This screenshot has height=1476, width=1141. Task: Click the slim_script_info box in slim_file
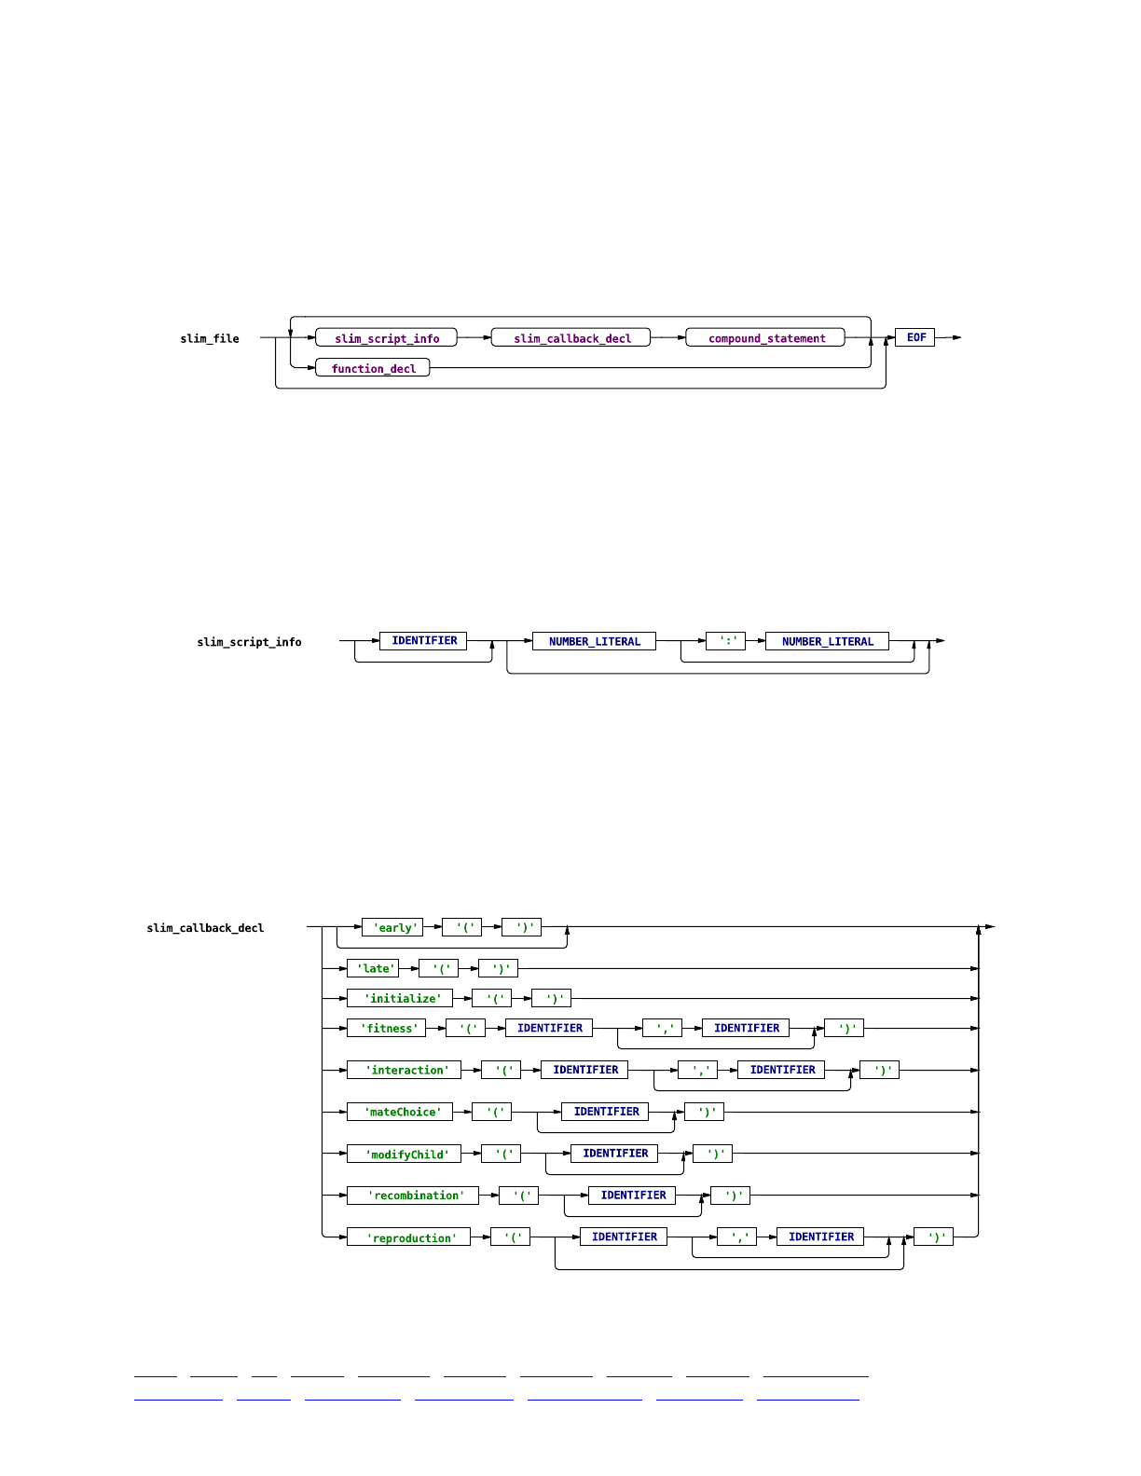pyautogui.click(x=387, y=338)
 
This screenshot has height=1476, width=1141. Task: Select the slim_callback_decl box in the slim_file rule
pyautogui.click(x=571, y=338)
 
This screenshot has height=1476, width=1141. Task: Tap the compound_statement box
pyautogui.click(x=765, y=338)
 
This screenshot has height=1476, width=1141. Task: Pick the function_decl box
pyautogui.click(x=373, y=368)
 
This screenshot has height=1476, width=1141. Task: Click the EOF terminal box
pyautogui.click(x=915, y=337)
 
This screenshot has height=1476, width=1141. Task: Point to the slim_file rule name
pyautogui.click(x=210, y=339)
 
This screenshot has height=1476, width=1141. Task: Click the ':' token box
pyautogui.click(x=726, y=641)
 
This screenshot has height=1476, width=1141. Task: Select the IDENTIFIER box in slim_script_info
pyautogui.click(x=423, y=641)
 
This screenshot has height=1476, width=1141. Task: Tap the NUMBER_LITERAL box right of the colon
pyautogui.click(x=827, y=641)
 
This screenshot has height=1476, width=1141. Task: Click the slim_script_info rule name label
pyautogui.click(x=249, y=642)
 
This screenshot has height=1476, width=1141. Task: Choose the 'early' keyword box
pyautogui.click(x=392, y=927)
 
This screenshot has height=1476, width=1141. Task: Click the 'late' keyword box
pyautogui.click(x=373, y=968)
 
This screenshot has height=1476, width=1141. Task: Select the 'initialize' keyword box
pyautogui.click(x=400, y=998)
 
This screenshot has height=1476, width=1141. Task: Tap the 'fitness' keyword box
pyautogui.click(x=387, y=1028)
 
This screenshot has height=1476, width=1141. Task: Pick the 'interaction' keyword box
pyautogui.click(x=405, y=1070)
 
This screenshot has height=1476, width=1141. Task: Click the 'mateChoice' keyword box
pyautogui.click(x=400, y=1112)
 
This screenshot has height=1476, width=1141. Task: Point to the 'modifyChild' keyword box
pyautogui.click(x=405, y=1154)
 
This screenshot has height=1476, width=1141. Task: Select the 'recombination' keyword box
pyautogui.click(x=413, y=1196)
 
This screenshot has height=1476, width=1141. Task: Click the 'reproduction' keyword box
pyautogui.click(x=409, y=1237)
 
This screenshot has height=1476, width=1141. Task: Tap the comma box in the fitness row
pyautogui.click(x=663, y=1028)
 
